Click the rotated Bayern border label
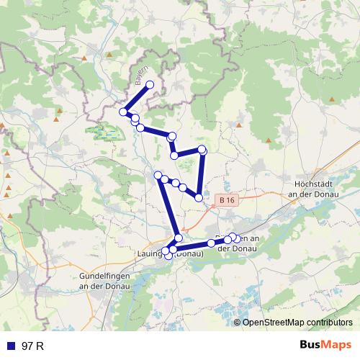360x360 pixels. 141,75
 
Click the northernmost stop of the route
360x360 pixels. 150,85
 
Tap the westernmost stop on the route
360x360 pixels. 123,112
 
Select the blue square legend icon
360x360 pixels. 11,346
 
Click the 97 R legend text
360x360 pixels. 33,346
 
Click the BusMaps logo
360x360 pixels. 326,346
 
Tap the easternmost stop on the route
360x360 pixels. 238,238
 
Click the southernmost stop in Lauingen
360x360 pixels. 168,256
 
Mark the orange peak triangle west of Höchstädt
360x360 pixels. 269,140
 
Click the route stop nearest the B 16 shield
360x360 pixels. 198,197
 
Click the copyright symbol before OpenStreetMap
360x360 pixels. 238,323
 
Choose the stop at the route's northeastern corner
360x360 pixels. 202,149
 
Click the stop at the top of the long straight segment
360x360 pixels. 158,174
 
